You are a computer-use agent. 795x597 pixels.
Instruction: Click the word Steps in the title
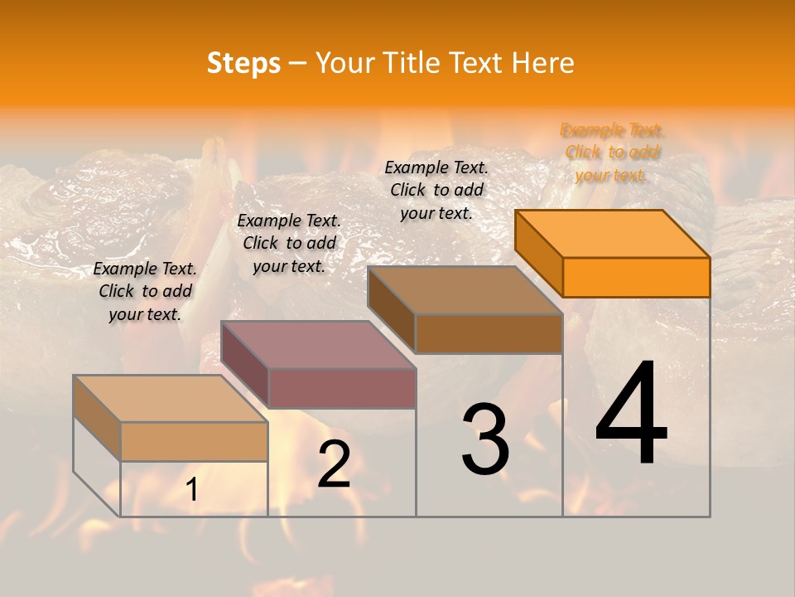[x=243, y=63]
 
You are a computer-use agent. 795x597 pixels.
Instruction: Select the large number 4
[x=631, y=415]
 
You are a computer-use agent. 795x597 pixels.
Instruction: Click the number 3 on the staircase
[x=485, y=439]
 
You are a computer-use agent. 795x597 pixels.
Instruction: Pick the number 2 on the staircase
[x=334, y=464]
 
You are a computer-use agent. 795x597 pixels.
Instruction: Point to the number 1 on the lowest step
[x=191, y=490]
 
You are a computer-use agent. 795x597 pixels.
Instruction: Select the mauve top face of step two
[x=318, y=345]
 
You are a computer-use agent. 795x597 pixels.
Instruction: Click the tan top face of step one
[x=171, y=399]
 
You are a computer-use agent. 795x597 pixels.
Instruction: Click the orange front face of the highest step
[x=636, y=277]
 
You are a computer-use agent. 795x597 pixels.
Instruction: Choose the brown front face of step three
[x=489, y=333]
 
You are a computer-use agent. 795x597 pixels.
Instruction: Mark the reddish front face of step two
[x=341, y=388]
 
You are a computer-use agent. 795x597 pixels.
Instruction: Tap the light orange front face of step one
[x=194, y=441]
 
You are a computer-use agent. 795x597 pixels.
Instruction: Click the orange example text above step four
[x=612, y=153]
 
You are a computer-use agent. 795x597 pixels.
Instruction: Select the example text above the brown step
[x=436, y=190]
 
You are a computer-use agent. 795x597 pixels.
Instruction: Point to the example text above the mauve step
[x=289, y=243]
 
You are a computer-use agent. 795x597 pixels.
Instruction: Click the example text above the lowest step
[x=145, y=291]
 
